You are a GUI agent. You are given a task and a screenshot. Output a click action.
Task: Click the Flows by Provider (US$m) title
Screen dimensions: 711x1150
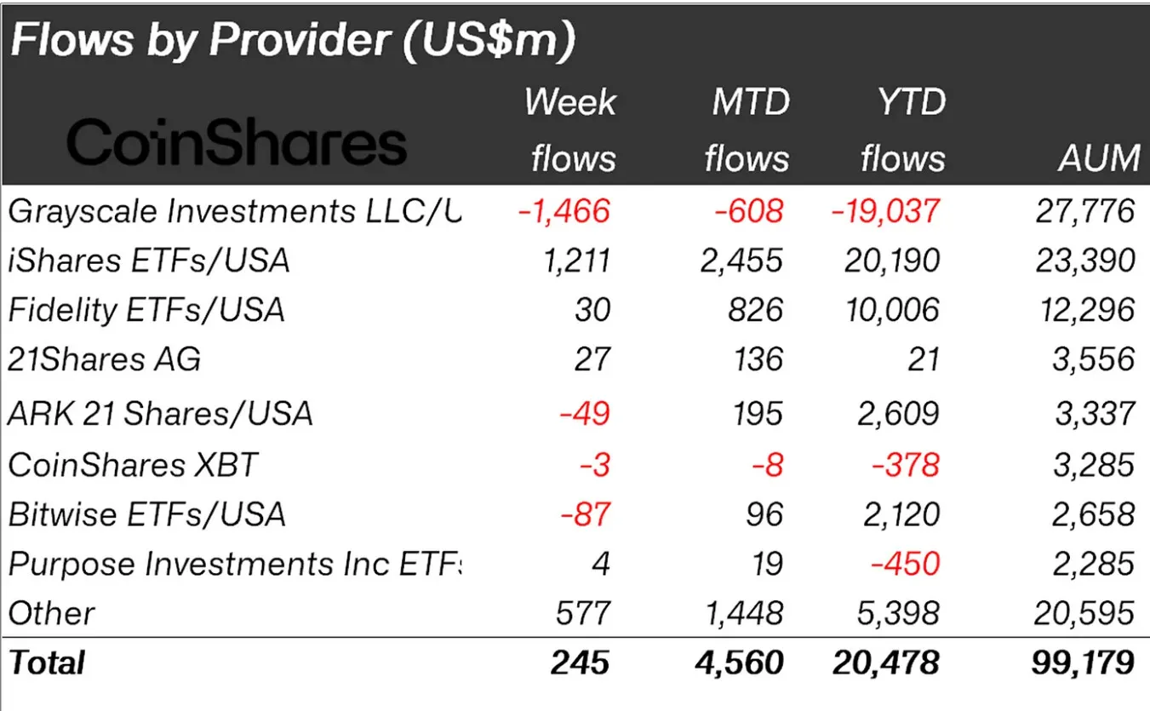(x=292, y=42)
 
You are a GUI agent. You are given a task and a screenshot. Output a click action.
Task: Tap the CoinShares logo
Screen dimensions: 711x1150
(x=237, y=143)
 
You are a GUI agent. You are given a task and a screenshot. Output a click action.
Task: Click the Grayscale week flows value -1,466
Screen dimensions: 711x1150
(x=564, y=210)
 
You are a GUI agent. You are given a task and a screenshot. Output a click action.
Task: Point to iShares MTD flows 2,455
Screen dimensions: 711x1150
(x=739, y=261)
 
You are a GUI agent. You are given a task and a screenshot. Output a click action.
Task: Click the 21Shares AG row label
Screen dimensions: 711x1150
(x=105, y=359)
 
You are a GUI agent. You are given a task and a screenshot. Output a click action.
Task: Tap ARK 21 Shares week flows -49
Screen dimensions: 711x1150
(x=585, y=414)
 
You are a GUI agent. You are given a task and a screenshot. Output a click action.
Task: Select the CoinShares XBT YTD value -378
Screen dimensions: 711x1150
(x=909, y=465)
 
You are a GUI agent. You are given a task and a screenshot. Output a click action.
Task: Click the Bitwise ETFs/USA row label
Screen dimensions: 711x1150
(x=146, y=514)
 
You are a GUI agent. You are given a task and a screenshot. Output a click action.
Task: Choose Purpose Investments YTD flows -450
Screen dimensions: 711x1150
(x=909, y=564)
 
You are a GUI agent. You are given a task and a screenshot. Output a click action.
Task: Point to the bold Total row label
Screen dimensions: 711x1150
(x=47, y=662)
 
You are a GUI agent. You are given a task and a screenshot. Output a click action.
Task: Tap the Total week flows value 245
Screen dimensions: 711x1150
(x=580, y=662)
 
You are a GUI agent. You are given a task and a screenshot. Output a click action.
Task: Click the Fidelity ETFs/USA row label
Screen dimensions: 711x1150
(x=146, y=310)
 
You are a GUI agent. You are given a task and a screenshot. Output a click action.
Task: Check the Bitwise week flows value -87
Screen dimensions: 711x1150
(x=585, y=514)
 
